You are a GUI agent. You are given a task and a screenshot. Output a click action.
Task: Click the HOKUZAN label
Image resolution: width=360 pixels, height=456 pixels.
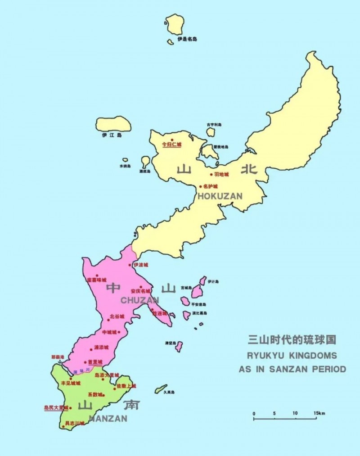point(220,196)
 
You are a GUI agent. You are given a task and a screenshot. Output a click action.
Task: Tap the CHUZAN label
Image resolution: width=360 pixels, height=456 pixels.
point(139,300)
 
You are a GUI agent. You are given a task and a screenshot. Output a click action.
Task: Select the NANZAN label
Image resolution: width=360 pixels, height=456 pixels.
point(108,418)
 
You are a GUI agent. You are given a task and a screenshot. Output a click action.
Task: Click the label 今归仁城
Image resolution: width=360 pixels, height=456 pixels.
point(171,145)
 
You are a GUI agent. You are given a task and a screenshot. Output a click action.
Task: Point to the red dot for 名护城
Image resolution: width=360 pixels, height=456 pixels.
point(201,186)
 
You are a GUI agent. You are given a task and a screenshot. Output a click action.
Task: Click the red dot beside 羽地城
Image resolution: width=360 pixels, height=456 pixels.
point(211,175)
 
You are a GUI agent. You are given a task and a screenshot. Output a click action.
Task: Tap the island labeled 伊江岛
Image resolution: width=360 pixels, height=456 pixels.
point(113,124)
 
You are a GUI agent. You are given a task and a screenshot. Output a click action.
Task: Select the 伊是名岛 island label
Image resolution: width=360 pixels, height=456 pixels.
point(187,39)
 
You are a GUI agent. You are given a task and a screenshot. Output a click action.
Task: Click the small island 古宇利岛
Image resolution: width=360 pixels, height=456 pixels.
point(211,132)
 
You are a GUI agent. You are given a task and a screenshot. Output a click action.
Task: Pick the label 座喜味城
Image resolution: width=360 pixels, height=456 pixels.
point(97,280)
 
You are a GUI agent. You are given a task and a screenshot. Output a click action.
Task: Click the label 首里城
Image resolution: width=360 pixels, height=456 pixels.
point(95,362)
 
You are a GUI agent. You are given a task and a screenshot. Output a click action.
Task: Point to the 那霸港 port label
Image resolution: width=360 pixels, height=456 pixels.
point(58,357)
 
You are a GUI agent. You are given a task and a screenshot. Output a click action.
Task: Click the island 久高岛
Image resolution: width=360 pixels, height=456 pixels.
point(161,389)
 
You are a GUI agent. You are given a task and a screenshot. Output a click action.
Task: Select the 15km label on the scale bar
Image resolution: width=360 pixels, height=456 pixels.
point(319,413)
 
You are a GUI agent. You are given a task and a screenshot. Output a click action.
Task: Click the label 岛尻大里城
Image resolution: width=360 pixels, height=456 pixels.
point(56,408)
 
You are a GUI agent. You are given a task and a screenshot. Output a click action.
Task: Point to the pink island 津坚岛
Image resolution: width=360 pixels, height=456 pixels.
point(179,347)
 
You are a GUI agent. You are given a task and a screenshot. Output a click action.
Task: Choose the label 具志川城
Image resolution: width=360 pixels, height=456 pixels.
point(75,423)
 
